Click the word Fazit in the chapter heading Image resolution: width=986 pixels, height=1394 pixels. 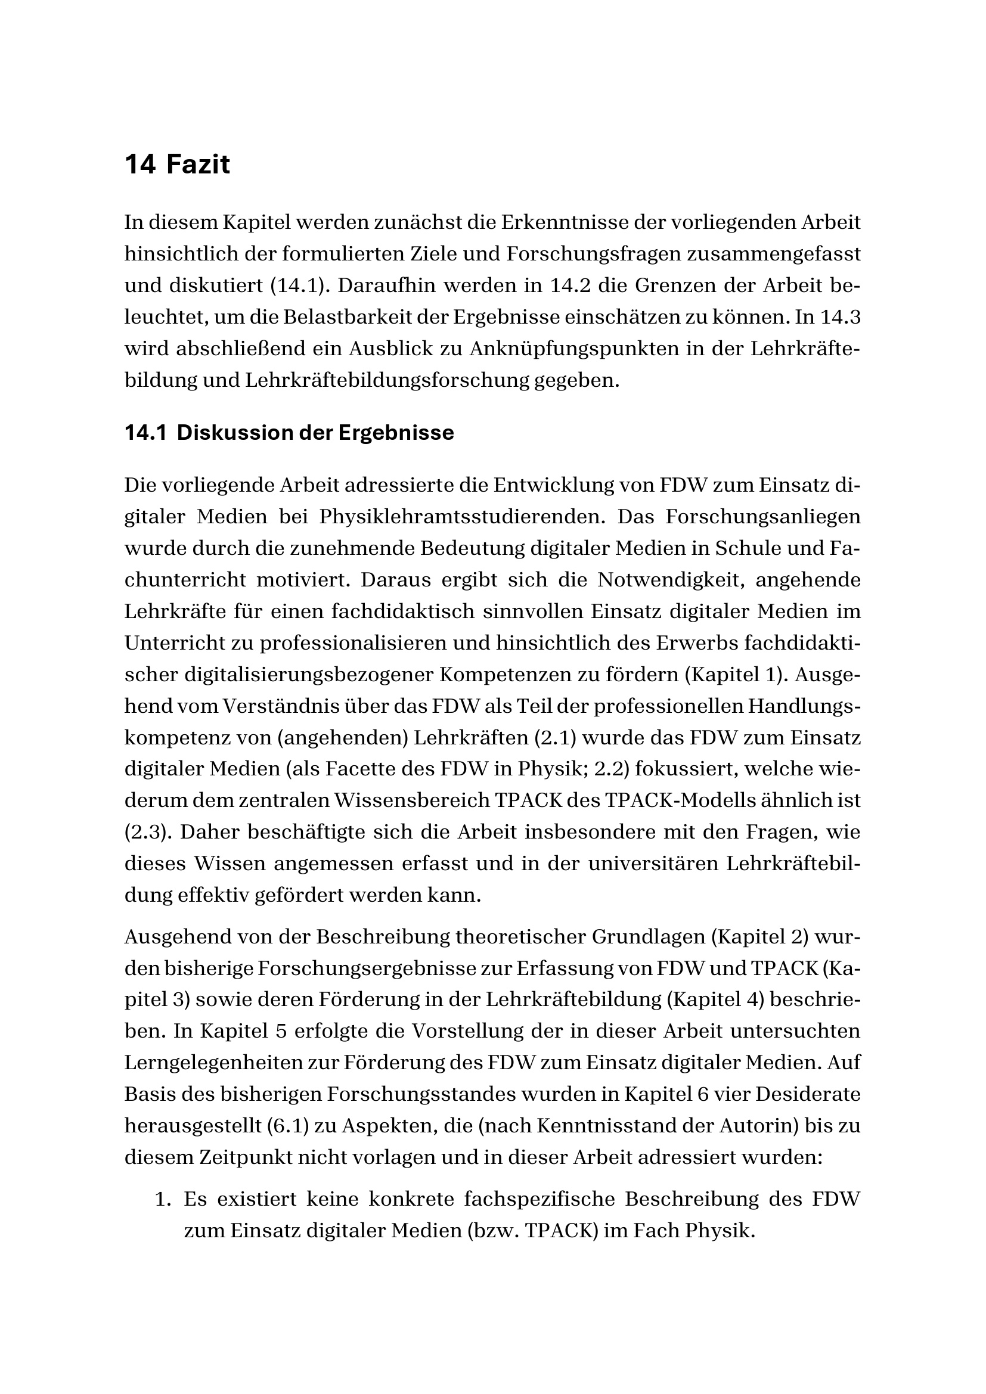(x=197, y=165)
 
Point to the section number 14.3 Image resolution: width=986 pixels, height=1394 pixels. (x=841, y=317)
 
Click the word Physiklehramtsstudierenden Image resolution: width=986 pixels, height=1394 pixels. (x=461, y=517)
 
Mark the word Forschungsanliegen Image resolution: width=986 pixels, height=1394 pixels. (x=762, y=517)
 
